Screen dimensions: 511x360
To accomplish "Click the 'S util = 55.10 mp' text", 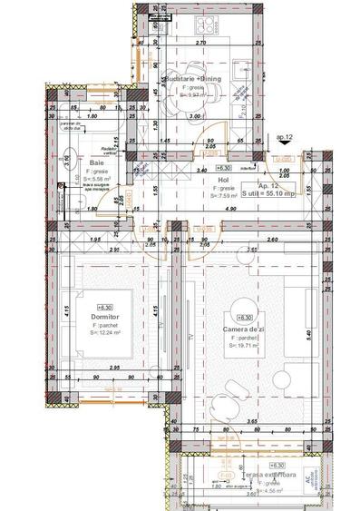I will click(x=281, y=193).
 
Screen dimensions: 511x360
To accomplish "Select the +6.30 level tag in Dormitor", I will click(x=106, y=307).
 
